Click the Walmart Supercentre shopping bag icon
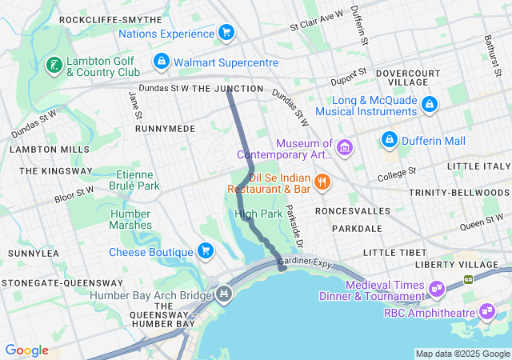tap(162, 62)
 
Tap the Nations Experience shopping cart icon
tap(226, 33)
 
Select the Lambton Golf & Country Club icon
tap(54, 65)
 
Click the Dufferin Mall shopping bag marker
tap(390, 139)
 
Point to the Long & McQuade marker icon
tap(430, 105)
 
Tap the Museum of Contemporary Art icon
tap(345, 147)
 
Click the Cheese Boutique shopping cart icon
tap(206, 251)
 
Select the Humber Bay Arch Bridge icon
tap(225, 294)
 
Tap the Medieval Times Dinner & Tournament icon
tap(437, 287)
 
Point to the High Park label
tap(258, 214)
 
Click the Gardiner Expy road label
tap(305, 262)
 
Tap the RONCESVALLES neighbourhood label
tap(353, 210)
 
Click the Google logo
tap(26, 350)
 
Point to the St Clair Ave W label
tap(316, 20)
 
